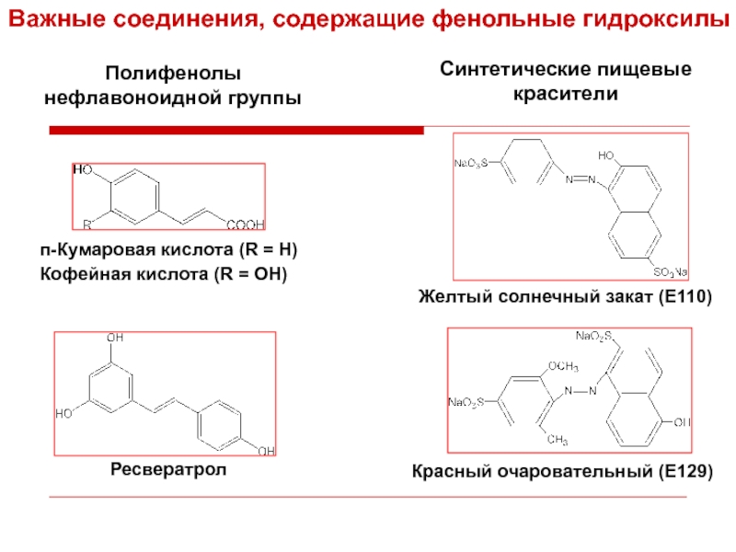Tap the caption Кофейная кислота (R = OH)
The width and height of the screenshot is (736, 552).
pos(164,274)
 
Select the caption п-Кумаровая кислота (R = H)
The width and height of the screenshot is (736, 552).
pos(168,250)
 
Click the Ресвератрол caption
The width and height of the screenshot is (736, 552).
pos(167,470)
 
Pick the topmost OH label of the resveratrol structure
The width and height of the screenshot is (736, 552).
pos(116,339)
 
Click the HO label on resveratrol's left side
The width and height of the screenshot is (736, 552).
pos(65,414)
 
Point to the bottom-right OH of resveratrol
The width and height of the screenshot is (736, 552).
pos(265,450)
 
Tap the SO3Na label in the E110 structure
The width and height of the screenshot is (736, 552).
pos(671,272)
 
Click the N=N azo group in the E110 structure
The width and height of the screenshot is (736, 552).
pos(581,178)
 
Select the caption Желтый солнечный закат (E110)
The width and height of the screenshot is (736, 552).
pos(566,296)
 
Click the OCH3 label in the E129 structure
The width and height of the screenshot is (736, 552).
pos(563,366)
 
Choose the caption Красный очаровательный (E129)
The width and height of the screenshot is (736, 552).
pos(561,473)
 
